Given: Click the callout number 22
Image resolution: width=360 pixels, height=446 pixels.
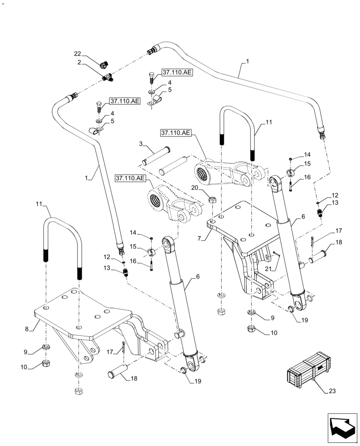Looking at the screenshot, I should tap(77, 54).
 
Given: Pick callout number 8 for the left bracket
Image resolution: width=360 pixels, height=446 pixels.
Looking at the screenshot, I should tap(27, 329).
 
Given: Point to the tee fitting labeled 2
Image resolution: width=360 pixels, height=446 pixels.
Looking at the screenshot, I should tap(107, 77).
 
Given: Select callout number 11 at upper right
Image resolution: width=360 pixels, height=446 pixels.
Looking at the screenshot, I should tap(269, 121).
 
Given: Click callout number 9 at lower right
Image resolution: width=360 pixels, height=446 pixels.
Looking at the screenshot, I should tap(271, 318).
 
